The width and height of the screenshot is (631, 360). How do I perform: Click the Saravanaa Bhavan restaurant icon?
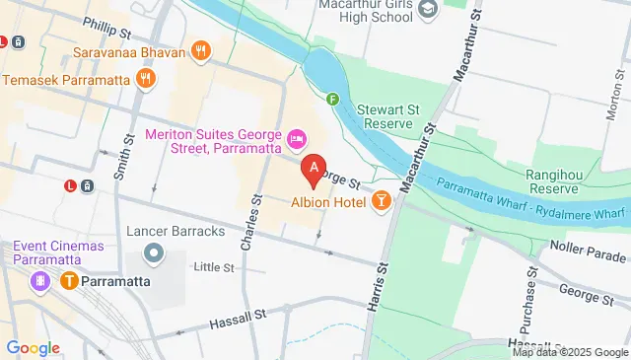click(x=201, y=51)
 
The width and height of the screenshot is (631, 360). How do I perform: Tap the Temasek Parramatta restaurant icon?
click(x=146, y=77)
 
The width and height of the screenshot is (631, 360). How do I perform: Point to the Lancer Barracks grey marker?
click(x=153, y=253)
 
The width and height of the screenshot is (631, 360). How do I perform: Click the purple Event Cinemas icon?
click(x=40, y=281)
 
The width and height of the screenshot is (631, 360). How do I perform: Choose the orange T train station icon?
click(x=69, y=281)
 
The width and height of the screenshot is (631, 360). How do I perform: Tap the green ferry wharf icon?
click(x=333, y=99)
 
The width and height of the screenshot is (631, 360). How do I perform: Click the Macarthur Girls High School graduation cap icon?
click(x=427, y=10)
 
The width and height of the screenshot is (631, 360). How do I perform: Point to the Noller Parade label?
click(x=591, y=252)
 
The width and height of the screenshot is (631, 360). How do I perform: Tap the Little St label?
click(x=214, y=267)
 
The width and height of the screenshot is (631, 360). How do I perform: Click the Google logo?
click(x=33, y=347)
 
